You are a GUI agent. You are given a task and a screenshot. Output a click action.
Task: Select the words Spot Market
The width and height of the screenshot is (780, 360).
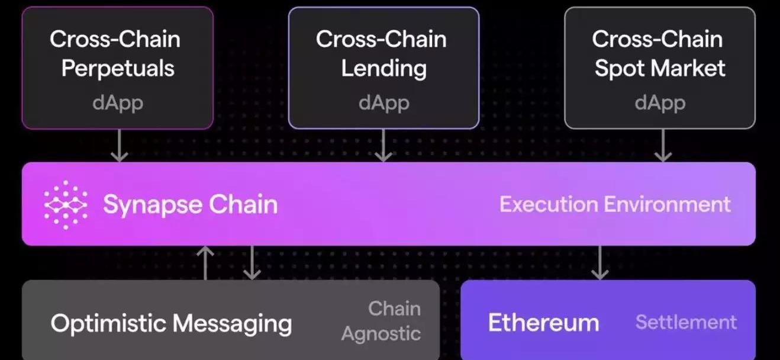[660, 69]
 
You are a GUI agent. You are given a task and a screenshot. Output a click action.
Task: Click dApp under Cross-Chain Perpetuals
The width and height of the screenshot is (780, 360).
[118, 104]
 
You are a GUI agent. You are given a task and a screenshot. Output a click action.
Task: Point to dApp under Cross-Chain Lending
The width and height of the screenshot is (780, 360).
[383, 104]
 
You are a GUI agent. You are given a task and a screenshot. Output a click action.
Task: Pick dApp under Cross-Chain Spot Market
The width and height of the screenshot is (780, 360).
[660, 104]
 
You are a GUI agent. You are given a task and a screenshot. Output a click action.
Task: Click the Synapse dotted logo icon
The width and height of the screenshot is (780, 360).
[66, 205]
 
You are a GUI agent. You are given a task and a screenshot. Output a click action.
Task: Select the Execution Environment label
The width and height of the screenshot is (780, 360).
[615, 204]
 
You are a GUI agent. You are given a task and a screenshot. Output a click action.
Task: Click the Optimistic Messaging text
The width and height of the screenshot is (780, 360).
[171, 324]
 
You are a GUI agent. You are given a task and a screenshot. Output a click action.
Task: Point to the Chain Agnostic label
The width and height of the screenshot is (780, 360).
[381, 321]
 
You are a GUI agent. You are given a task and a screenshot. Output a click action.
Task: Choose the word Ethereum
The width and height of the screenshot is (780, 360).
[543, 323]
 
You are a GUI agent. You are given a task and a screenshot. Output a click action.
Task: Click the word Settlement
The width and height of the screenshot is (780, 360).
[686, 322]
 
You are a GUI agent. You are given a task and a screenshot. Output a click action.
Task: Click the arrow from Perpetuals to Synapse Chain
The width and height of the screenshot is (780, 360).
[120, 145]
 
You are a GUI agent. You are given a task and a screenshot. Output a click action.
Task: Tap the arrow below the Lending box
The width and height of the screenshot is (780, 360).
[383, 145]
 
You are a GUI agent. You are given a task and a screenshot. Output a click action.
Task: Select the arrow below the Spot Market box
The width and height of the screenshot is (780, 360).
[663, 145]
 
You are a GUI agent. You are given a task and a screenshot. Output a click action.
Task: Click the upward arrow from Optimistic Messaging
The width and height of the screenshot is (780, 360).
[205, 263]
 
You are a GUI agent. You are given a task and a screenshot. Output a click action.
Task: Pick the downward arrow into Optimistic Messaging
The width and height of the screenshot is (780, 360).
[252, 263]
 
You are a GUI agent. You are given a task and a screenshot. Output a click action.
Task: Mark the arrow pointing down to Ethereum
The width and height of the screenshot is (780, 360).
[600, 263]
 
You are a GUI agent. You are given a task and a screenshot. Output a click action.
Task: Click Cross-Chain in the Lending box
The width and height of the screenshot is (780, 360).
[381, 39]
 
